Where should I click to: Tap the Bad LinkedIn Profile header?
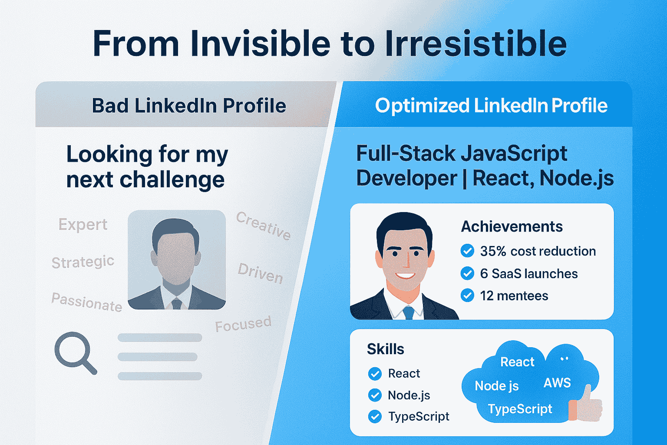(189, 106)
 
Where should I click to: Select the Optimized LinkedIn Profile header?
(491, 106)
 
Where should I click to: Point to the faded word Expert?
(83, 225)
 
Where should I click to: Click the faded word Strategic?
(83, 262)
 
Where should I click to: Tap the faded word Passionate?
(86, 302)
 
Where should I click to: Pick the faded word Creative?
(263, 226)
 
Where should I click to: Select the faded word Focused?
(243, 324)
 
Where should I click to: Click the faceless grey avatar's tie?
(177, 303)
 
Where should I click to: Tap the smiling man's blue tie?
(408, 312)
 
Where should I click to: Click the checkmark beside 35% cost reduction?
(467, 251)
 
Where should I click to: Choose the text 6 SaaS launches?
(528, 274)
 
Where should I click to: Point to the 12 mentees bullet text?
(514, 296)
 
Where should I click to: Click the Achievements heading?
(512, 226)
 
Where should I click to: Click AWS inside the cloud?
(557, 383)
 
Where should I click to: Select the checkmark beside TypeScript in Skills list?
(375, 417)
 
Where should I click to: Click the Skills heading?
(385, 349)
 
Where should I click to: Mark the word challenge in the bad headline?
(172, 180)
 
